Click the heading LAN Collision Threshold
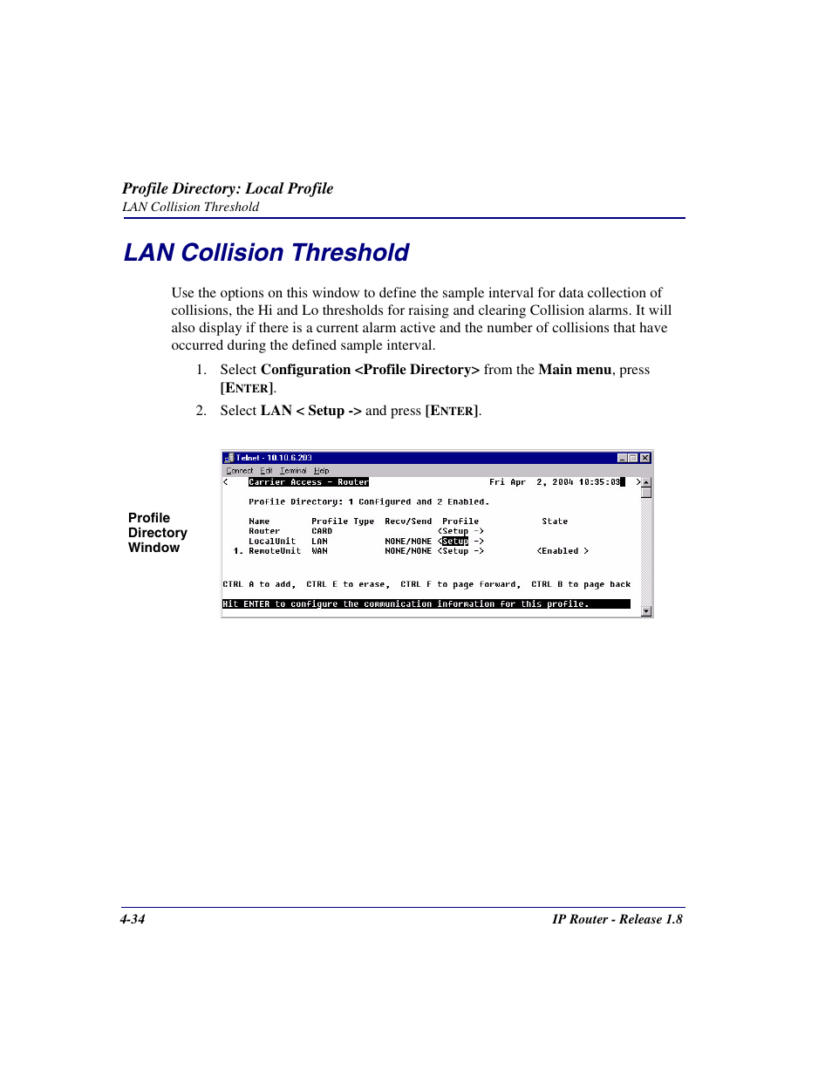pos(266,253)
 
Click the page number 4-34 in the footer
pos(133,919)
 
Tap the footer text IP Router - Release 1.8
pos(617,919)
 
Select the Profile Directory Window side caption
pos(157,533)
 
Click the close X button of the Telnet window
pos(645,458)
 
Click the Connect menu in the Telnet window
pos(239,471)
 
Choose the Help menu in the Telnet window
pos(321,471)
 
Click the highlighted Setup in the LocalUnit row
pos(455,542)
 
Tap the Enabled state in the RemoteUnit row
pos(562,551)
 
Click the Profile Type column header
pos(342,521)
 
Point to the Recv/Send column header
pos(407,521)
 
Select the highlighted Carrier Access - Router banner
pos(308,482)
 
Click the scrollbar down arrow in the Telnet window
pos(646,611)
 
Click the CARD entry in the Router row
pos(321,531)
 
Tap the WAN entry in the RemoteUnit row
pos(319,551)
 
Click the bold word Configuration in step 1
pos(305,370)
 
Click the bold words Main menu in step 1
pos(574,370)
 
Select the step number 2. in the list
pos(201,411)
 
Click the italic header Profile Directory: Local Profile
pos(228,189)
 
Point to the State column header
pos(554,521)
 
